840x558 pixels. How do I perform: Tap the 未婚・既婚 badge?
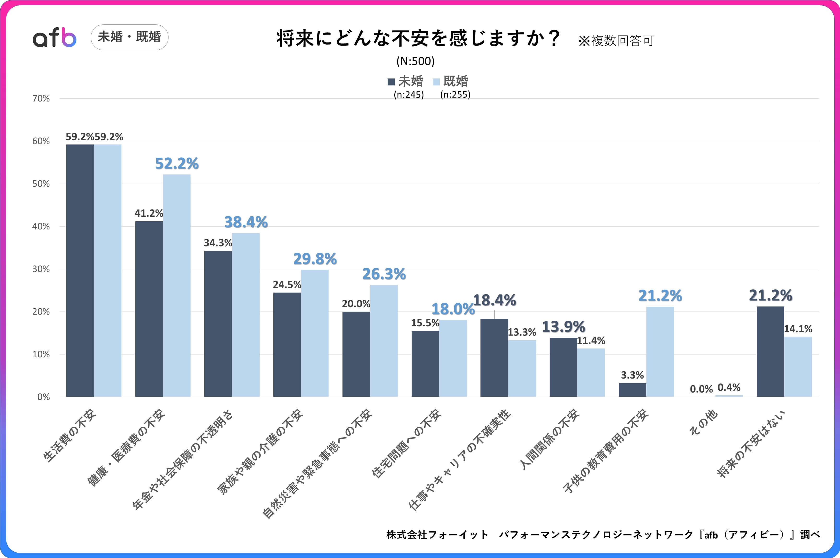point(130,37)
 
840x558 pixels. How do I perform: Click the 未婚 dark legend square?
point(391,82)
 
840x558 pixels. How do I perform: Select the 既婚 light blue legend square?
point(436,82)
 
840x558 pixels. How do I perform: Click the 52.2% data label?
point(177,164)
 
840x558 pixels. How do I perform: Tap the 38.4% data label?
point(246,222)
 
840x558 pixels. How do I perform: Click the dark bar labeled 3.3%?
point(632,390)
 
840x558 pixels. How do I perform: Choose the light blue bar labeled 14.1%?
point(798,366)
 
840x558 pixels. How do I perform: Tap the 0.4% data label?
point(729,388)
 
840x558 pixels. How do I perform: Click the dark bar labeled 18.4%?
point(494,357)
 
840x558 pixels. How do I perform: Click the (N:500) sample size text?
point(415,61)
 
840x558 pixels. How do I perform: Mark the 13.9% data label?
point(563,327)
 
